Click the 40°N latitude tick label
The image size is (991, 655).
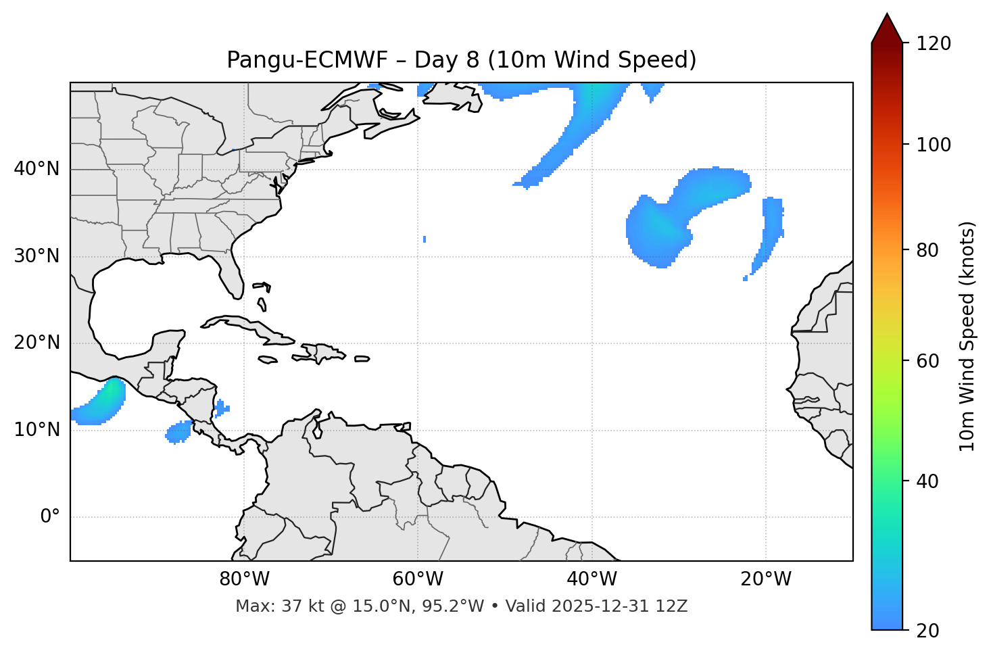click(x=37, y=169)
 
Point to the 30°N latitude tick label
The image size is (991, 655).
click(x=37, y=256)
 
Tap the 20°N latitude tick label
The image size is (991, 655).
click(x=37, y=343)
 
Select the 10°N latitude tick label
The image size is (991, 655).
click(x=37, y=430)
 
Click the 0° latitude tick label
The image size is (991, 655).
click(x=50, y=517)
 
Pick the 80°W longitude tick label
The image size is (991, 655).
click(x=245, y=579)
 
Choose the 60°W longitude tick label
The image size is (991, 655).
click(x=418, y=579)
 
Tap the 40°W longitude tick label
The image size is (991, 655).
click(x=592, y=579)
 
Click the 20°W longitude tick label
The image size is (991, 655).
click(x=766, y=579)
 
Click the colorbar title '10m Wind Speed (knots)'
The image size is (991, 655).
click(x=967, y=336)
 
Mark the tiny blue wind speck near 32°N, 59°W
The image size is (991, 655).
click(x=425, y=239)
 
